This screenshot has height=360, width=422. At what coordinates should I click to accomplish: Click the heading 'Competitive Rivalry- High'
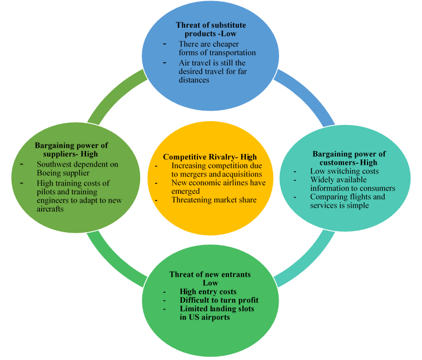(x=210, y=157)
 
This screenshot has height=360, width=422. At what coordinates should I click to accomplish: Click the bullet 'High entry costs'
(x=208, y=292)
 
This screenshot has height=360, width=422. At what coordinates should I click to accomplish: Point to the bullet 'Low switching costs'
(x=344, y=171)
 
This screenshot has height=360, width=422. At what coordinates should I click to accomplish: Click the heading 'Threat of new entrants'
(x=210, y=274)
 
